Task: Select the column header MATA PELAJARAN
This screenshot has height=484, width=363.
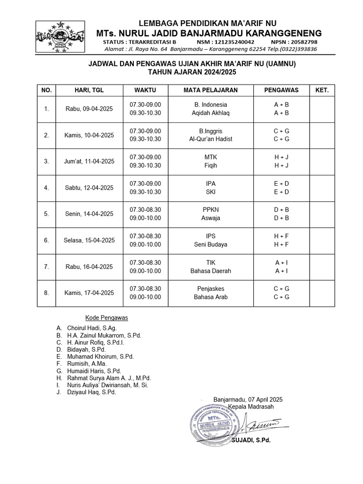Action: click(x=210, y=90)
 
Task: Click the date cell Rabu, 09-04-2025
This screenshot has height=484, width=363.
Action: click(x=89, y=109)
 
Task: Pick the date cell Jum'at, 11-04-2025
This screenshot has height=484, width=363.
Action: click(x=89, y=161)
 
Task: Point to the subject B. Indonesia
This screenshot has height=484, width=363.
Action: click(x=210, y=104)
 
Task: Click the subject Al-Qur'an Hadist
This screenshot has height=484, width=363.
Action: click(x=210, y=139)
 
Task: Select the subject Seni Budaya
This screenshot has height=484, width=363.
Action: click(x=210, y=244)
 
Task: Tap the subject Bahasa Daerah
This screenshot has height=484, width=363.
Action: click(x=210, y=271)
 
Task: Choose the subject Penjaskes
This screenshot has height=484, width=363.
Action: click(x=210, y=288)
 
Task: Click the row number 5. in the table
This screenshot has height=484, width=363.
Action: click(x=46, y=214)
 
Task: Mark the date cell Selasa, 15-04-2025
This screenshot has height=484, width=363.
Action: click(x=89, y=240)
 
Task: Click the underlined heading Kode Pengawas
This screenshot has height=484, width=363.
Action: click(x=106, y=318)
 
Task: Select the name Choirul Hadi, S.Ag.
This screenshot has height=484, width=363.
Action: click(x=92, y=328)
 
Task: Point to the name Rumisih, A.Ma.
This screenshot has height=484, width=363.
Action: click(x=87, y=363)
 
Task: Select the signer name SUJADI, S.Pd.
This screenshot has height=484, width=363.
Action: click(x=251, y=440)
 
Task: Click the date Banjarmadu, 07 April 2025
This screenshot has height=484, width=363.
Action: click(x=248, y=399)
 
